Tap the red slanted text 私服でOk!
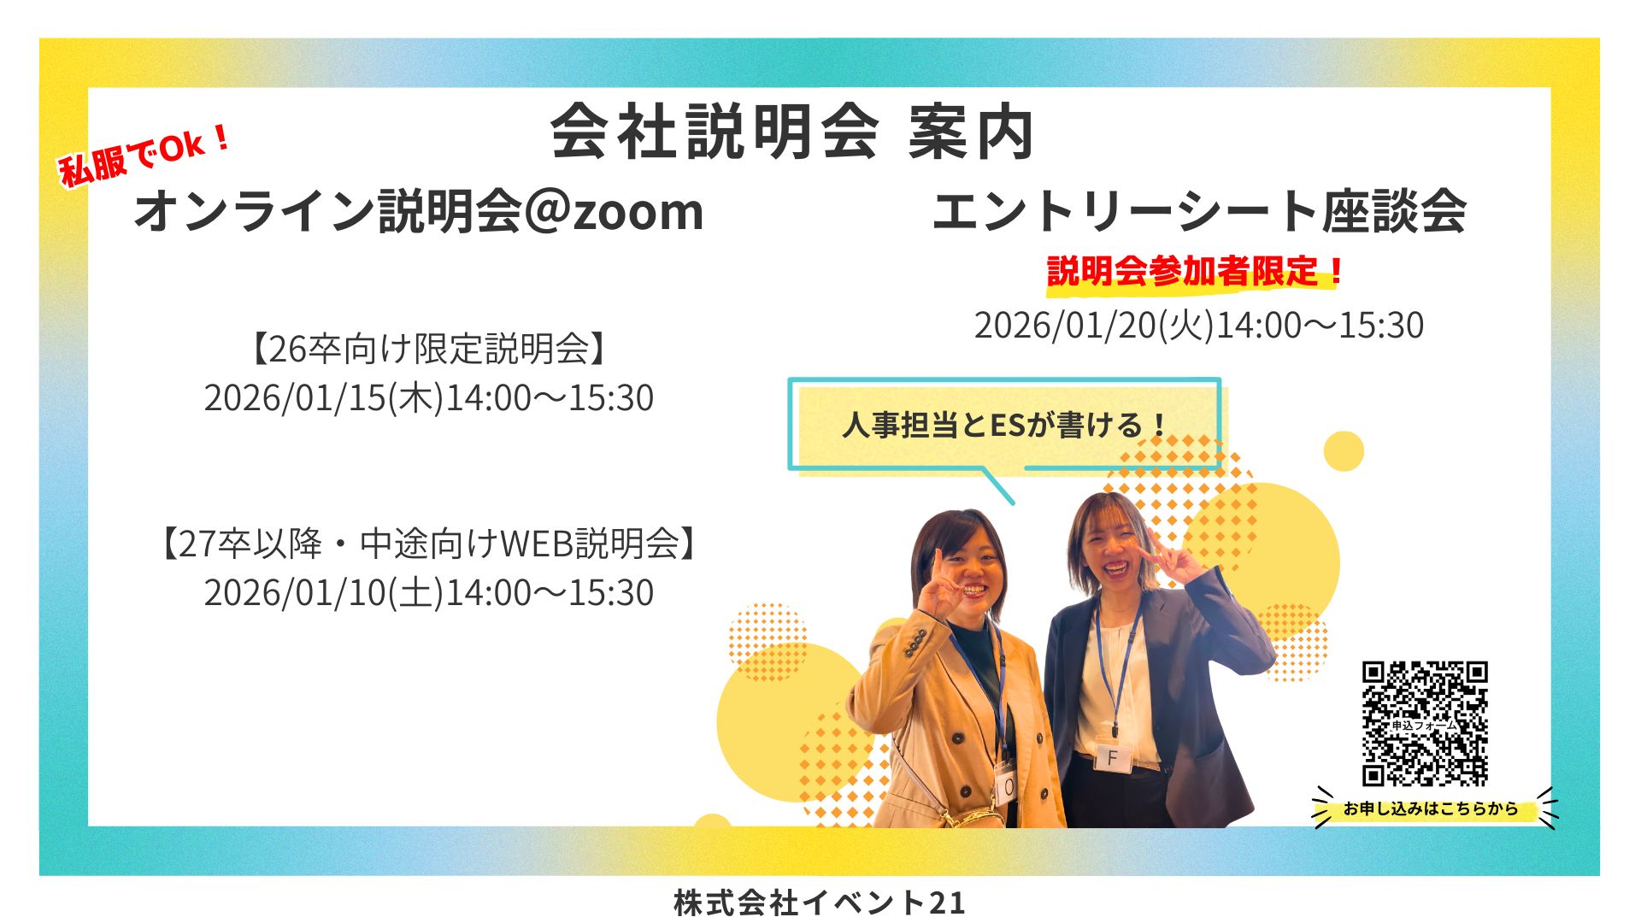point(144,155)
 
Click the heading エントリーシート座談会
point(1199,211)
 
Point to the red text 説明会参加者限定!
point(1195,272)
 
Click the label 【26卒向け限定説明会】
point(427,349)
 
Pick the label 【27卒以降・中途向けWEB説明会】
point(427,544)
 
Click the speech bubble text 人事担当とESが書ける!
point(1004,425)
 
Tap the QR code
point(1424,723)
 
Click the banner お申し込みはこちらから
point(1430,808)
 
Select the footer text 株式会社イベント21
point(819,902)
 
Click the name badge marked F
point(1112,757)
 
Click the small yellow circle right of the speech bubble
point(1343,451)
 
